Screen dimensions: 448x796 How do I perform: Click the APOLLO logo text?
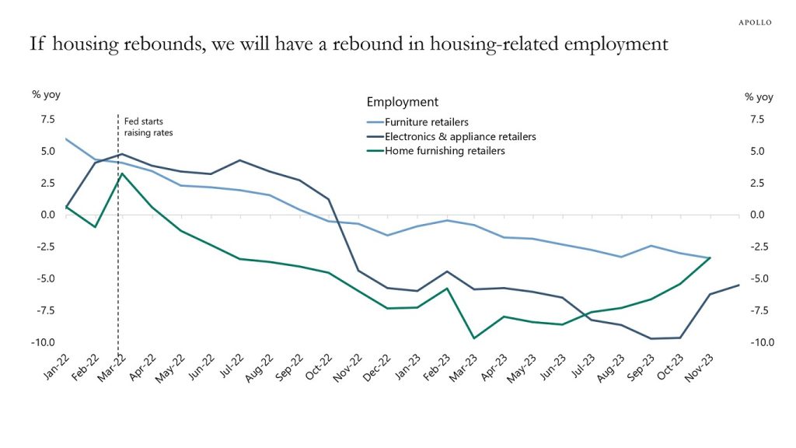(x=754, y=23)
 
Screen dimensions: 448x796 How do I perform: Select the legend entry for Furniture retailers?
(x=427, y=122)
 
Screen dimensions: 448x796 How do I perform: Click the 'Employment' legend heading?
(x=402, y=102)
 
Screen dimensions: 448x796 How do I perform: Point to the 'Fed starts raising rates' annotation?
(x=148, y=127)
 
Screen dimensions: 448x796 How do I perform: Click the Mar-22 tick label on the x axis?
(x=113, y=366)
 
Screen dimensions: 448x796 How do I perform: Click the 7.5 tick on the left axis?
(x=47, y=120)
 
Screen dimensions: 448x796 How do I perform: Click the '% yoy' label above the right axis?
(x=759, y=97)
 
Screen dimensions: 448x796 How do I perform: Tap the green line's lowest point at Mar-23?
(x=474, y=338)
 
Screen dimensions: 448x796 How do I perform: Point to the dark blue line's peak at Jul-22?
(x=239, y=160)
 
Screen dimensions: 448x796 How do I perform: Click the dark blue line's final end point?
(x=738, y=285)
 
